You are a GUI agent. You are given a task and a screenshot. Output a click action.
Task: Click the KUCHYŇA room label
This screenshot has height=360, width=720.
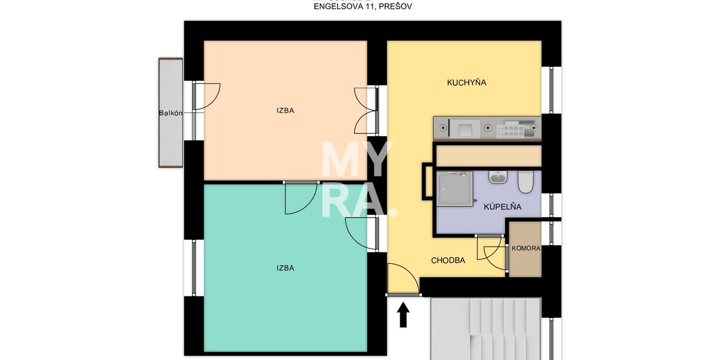[x=466, y=83]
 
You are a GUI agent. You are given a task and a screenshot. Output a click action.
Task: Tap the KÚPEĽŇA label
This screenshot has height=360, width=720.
[x=502, y=206]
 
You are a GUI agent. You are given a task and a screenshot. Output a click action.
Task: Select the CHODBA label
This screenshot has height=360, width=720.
[x=448, y=260]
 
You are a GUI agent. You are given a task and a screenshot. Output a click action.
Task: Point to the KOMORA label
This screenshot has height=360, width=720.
[x=526, y=248]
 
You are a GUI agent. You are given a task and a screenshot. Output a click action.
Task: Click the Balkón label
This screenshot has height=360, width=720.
[x=170, y=113]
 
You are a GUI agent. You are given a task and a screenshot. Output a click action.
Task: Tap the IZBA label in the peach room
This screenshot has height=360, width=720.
[x=286, y=110]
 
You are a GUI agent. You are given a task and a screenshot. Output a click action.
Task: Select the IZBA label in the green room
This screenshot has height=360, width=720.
[x=286, y=268]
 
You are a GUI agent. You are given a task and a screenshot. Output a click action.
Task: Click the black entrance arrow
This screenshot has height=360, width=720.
[x=403, y=314]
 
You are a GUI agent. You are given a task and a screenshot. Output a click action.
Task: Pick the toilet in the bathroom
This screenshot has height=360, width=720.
[x=526, y=182]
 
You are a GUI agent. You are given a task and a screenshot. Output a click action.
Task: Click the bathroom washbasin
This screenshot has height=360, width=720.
[x=498, y=177]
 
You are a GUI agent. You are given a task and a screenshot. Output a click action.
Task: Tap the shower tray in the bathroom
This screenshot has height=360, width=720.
[x=455, y=188]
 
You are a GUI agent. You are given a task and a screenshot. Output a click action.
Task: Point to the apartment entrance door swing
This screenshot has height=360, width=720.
[x=403, y=279]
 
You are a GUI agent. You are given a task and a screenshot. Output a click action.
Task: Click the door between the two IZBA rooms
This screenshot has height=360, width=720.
[x=301, y=197]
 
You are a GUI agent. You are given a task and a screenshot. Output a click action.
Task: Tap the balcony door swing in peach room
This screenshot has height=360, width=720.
[x=206, y=97]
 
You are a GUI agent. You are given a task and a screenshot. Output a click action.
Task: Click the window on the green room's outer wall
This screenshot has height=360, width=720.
[x=193, y=268]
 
